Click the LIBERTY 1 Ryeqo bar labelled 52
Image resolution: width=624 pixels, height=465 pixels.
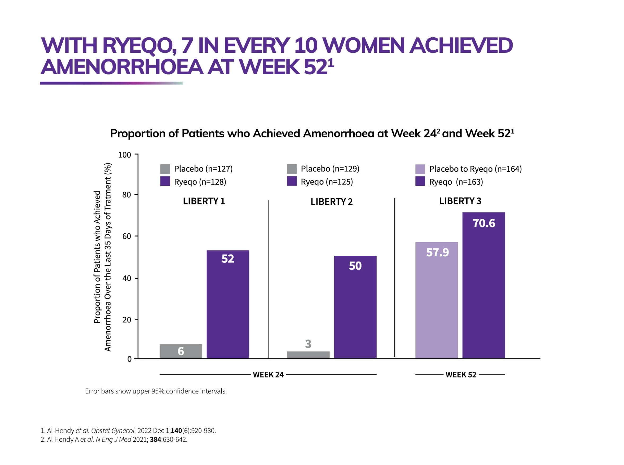227,304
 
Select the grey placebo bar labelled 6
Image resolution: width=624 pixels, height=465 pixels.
181,351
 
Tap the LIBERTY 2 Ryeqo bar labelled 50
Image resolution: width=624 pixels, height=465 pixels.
355,307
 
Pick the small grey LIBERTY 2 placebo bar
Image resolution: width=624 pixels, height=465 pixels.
308,355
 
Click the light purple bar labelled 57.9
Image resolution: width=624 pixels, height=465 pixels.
436,300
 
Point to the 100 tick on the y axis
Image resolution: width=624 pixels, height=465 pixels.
124,155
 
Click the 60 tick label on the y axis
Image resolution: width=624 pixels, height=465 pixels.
127,236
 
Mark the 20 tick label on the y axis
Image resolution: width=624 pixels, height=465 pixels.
127,320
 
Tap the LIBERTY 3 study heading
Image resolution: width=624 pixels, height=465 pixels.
460,201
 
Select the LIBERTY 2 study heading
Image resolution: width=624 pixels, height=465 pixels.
331,201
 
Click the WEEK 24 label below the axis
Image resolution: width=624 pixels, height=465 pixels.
268,375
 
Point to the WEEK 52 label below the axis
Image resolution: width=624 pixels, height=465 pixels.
460,375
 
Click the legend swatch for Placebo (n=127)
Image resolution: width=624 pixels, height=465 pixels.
165,169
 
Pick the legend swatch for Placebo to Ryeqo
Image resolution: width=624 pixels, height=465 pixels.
420,169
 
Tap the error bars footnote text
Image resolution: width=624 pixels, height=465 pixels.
156,391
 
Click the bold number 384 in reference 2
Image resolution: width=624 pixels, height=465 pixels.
155,439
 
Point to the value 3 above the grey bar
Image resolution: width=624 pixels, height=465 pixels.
308,344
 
